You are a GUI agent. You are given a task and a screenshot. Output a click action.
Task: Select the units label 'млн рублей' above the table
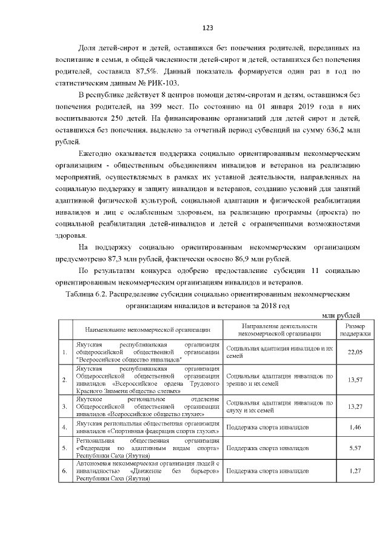tap(341, 315)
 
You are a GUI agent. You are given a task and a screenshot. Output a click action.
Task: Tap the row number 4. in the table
tap(64, 427)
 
